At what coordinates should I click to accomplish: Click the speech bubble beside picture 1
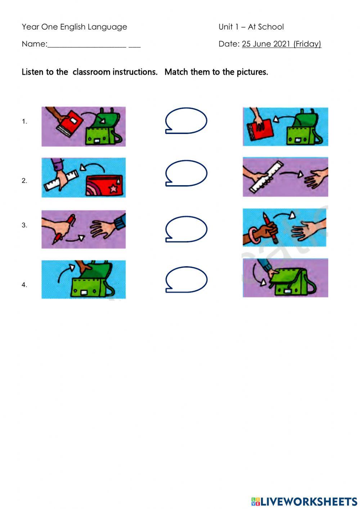tap(186, 121)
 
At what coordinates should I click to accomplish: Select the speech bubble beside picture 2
tap(186, 173)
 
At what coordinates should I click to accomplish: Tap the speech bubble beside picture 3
tap(186, 229)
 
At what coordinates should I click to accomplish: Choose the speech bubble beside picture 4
tap(186, 279)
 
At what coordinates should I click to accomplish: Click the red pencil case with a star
tap(104, 185)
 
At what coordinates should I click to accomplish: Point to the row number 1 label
tap(24, 122)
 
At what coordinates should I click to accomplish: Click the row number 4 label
tap(24, 285)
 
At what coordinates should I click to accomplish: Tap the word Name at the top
tap(34, 44)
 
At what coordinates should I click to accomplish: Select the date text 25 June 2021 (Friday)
tap(281, 44)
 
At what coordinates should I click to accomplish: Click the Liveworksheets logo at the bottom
tap(304, 501)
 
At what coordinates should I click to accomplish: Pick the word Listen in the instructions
tap(32, 72)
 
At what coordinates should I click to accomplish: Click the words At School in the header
tap(266, 27)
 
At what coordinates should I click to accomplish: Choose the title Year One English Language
tap(74, 27)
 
